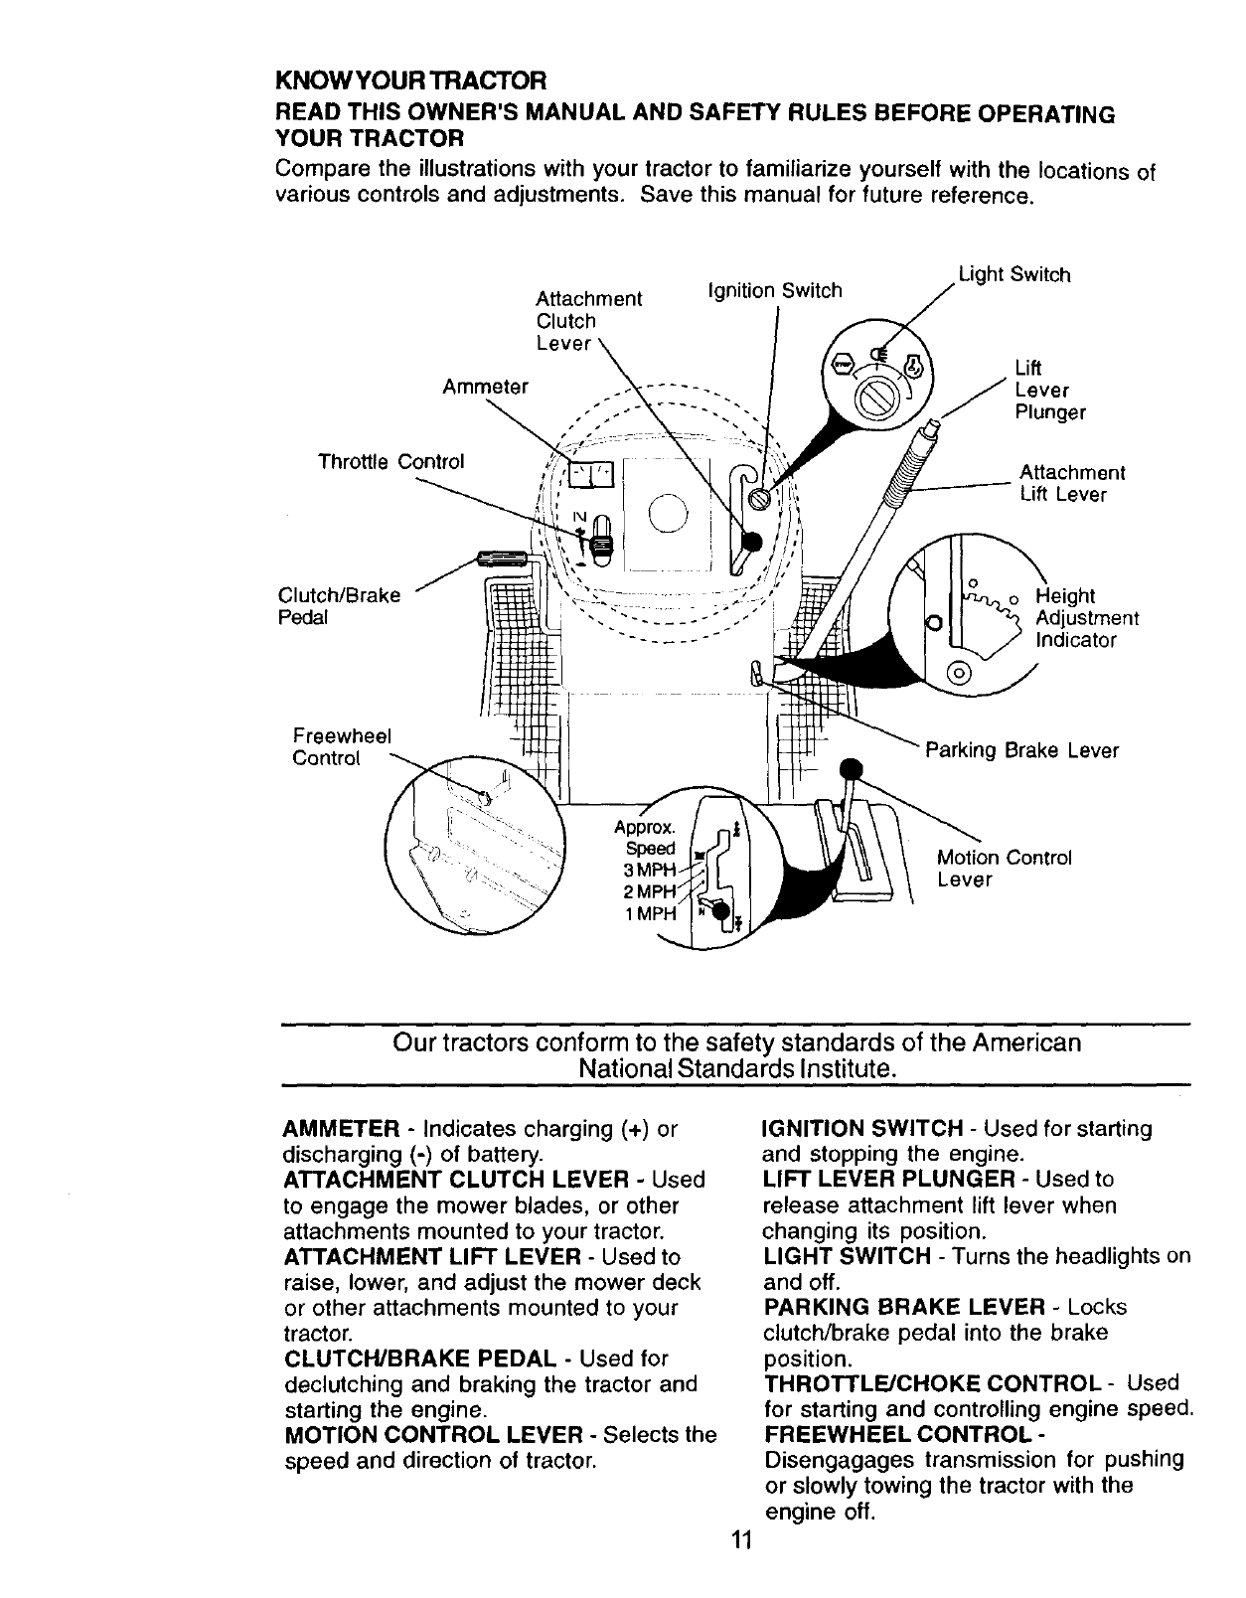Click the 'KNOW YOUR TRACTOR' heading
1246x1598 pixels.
[x=410, y=79]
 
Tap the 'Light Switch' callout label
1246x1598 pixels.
[x=1013, y=274]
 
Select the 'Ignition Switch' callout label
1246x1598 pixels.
[x=773, y=290]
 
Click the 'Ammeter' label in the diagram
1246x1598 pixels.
[x=485, y=386]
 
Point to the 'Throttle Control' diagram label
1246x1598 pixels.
[x=390, y=462]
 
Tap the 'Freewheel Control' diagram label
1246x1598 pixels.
[x=341, y=746]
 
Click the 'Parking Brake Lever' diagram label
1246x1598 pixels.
[x=1021, y=750]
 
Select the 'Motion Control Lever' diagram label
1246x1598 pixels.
[x=1004, y=869]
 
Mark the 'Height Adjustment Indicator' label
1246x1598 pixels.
[x=1085, y=617]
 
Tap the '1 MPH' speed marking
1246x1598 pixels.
[x=650, y=913]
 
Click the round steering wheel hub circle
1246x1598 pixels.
[x=666, y=513]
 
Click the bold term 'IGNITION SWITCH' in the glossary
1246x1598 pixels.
[x=861, y=1129]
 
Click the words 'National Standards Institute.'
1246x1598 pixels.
[x=738, y=1069]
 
